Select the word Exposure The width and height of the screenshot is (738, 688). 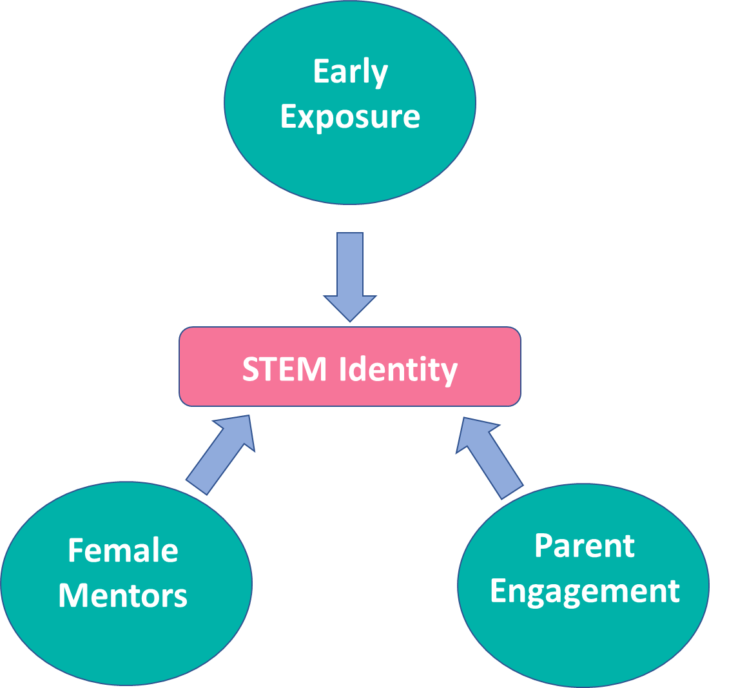pos(351,117)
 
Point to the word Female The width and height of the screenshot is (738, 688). pos(122,551)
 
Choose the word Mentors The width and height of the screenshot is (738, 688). pos(122,596)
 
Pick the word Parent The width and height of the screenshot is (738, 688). pos(585,546)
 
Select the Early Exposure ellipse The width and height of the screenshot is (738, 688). pos(350,161)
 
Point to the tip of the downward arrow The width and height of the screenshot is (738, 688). pos(350,319)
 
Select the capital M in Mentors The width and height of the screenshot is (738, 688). pos(72,596)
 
